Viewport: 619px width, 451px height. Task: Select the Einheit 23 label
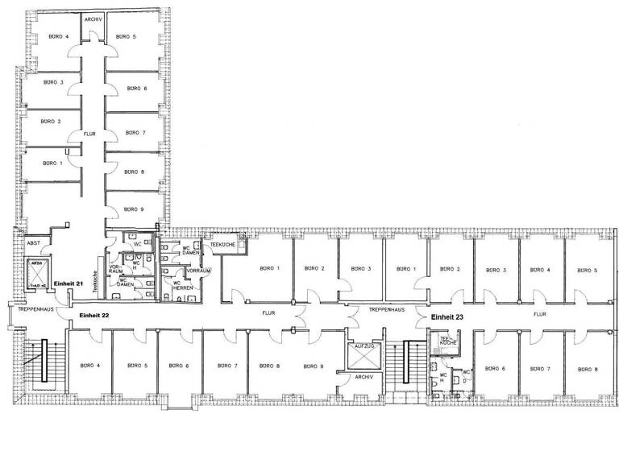pyautogui.click(x=447, y=318)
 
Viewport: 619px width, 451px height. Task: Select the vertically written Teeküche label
pyautogui.click(x=95, y=281)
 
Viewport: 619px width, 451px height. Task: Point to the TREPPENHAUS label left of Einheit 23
pyautogui.click(x=385, y=308)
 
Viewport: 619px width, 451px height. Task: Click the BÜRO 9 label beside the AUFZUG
pyautogui.click(x=314, y=366)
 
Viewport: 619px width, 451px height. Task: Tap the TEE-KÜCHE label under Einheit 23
pyautogui.click(x=447, y=341)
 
